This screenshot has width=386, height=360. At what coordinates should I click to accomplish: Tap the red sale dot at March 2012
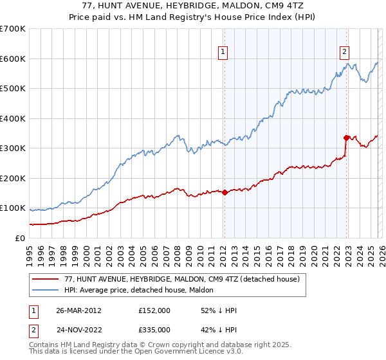tap(225, 192)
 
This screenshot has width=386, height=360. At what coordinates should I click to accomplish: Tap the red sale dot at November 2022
tap(346, 138)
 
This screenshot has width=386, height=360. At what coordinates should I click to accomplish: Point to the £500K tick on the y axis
tap(14, 89)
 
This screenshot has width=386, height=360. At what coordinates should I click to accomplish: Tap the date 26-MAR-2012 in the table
tap(78, 310)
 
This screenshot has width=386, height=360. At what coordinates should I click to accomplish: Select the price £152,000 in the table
tap(154, 310)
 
